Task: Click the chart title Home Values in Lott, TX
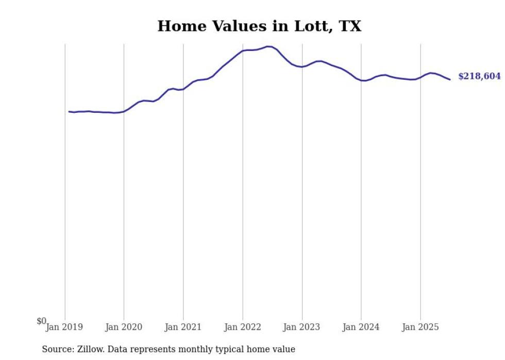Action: coord(259,26)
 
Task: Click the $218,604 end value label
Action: coord(479,77)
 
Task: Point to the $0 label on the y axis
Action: coord(41,321)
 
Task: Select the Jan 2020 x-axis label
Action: coord(123,327)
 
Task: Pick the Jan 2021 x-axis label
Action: coord(183,327)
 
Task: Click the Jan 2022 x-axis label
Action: coord(242,327)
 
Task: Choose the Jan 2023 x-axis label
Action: coord(301,327)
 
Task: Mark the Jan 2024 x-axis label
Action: coord(361,327)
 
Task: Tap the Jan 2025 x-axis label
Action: coord(420,327)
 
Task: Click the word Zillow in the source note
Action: coord(90,350)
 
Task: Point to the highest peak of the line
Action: coord(268,46)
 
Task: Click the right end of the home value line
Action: coord(450,79)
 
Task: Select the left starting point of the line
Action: coord(69,111)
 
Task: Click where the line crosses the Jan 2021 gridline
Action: coord(183,89)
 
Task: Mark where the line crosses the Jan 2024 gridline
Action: coord(361,80)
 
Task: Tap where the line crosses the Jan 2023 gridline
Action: coord(302,67)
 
